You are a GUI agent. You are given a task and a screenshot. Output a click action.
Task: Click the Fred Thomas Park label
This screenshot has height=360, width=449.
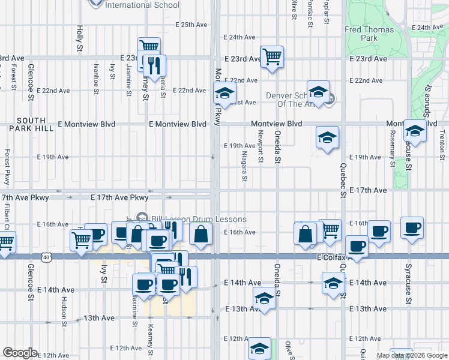369,33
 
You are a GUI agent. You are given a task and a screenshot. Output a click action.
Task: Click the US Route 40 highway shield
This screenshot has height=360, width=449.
46,256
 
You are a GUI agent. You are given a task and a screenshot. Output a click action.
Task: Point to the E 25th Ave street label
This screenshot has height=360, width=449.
191,25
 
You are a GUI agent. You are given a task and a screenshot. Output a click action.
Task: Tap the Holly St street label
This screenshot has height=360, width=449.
79,38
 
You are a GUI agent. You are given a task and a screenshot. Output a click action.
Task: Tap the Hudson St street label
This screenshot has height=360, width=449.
64,313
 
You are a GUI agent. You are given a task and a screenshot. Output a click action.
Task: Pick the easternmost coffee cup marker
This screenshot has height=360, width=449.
412,228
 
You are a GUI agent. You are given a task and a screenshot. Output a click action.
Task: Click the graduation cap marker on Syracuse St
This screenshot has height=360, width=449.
414,130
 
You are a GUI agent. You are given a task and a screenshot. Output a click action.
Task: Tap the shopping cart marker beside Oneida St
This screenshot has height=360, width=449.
272,57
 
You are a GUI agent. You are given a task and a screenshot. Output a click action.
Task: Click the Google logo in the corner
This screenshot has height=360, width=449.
20,353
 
